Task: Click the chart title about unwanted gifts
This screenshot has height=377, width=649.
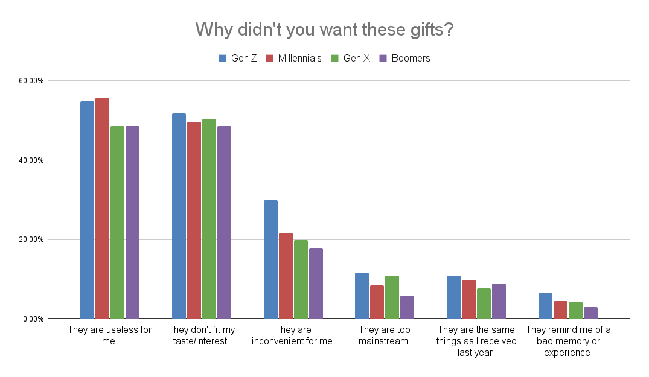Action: (324, 29)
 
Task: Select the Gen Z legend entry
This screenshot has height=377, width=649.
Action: (237, 59)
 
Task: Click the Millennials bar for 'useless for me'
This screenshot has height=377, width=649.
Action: (102, 208)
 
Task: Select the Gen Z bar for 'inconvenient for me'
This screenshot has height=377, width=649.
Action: (270, 259)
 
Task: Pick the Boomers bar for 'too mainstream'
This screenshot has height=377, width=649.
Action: (407, 307)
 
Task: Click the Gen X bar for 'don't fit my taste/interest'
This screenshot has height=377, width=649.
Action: (209, 219)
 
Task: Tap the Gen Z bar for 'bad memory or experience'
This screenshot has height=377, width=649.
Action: (545, 306)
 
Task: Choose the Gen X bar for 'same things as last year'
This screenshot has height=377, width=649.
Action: (484, 303)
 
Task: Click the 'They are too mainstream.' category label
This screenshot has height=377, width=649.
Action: (384, 335)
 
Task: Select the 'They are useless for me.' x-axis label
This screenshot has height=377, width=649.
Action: (109, 335)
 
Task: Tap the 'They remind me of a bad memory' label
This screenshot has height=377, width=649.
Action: (568, 341)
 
